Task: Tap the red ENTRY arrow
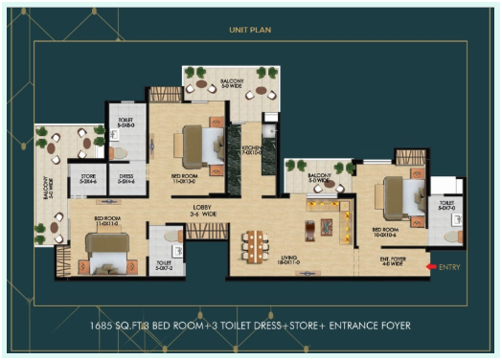(x=431, y=266)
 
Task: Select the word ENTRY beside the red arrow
(x=449, y=266)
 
